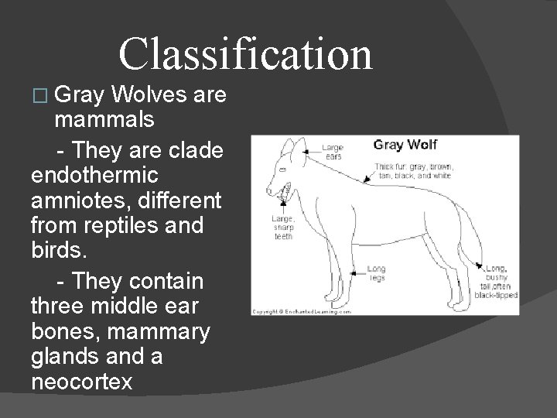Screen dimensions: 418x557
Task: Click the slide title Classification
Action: click(245, 54)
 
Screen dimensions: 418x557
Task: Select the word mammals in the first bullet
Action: click(104, 120)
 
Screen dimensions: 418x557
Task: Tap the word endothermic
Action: click(95, 174)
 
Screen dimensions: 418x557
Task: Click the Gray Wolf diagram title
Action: click(406, 146)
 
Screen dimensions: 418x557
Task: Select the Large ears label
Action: click(333, 151)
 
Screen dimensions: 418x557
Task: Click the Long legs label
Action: click(376, 272)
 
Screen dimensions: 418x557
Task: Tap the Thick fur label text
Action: click(414, 171)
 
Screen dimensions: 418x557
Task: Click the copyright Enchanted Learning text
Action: click(302, 311)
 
